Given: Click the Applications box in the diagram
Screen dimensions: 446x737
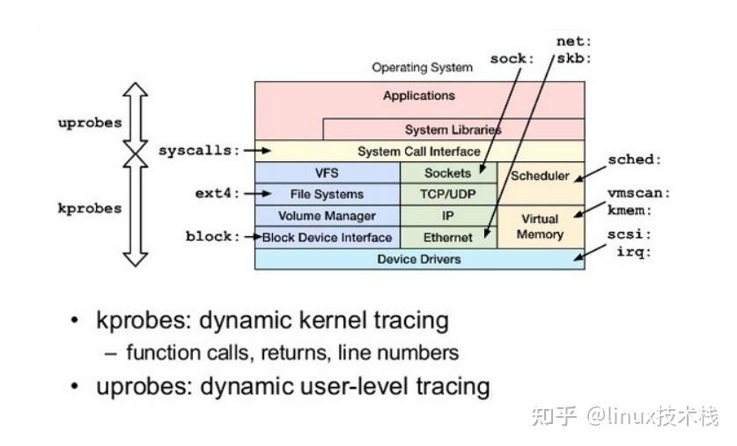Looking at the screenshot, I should coord(418,96).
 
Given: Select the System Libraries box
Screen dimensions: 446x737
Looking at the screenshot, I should coord(453,130).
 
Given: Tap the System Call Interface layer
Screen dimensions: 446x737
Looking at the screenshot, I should coord(418,152).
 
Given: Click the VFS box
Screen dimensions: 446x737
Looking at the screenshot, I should coord(327,173).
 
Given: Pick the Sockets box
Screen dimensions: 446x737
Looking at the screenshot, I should coord(448,173).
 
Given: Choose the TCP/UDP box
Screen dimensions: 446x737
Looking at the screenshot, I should coord(448,194).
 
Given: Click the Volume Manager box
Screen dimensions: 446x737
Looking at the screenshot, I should coord(327,216).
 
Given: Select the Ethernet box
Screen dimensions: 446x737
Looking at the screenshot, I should coord(448,237).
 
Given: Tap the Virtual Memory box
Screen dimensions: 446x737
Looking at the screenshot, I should coord(540,227).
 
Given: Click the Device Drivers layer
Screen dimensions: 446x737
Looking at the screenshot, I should coord(418,259).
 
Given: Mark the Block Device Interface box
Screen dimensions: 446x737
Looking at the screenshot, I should coord(327,237).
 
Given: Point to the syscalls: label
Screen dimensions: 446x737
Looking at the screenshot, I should coord(199,151).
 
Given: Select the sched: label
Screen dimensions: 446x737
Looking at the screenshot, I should coord(634,160).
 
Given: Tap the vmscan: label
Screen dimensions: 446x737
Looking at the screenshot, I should coord(638,193).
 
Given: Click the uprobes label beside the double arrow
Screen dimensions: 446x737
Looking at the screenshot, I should coord(90,123).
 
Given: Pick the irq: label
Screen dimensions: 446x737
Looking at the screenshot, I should coord(634,252).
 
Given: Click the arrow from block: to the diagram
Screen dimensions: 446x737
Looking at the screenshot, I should coord(252,237).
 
